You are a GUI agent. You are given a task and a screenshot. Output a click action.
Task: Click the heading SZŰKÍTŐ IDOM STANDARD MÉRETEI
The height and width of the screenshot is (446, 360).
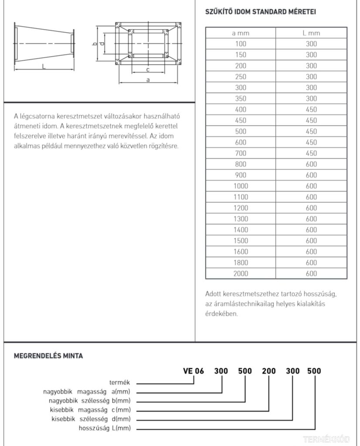tap(260, 12)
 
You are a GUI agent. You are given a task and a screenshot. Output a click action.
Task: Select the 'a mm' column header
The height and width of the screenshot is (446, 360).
tap(240, 33)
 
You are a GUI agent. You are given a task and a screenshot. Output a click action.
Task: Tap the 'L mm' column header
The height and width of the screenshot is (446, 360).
tap(311, 33)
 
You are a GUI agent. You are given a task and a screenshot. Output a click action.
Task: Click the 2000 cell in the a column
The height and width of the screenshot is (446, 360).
tap(240, 274)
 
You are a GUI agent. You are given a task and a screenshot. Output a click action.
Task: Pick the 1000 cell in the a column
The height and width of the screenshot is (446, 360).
tap(240, 186)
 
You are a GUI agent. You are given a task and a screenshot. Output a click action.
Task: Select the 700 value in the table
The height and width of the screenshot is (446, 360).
tap(240, 153)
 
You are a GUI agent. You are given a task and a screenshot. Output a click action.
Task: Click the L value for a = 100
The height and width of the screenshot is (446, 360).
tap(311, 44)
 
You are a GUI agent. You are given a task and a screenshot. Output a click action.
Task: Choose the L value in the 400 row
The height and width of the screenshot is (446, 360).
tap(311, 109)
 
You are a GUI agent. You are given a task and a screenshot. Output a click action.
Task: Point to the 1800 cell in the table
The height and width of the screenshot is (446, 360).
tap(240, 263)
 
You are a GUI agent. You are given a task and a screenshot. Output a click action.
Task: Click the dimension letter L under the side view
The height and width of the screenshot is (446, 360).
tap(44, 66)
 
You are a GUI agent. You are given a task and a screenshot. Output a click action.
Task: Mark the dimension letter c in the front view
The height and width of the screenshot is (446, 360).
tap(148, 69)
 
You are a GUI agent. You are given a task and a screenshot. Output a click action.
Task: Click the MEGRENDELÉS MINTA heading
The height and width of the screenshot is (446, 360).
tap(48, 356)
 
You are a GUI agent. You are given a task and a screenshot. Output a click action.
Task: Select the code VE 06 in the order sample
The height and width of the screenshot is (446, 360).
tap(193, 371)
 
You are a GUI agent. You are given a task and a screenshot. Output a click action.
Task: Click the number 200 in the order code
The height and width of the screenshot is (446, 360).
tap(268, 371)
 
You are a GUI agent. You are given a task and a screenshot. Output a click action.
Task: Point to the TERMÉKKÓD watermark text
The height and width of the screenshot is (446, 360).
tap(332, 439)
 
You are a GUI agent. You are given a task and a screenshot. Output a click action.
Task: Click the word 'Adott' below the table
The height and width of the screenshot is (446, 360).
tap(213, 294)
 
